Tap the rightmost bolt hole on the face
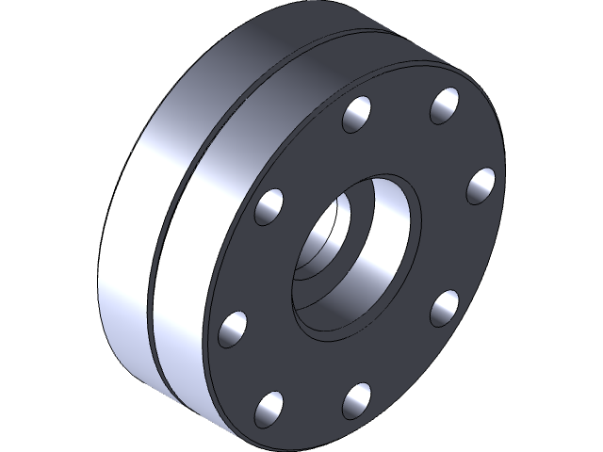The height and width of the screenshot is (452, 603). click(x=481, y=185)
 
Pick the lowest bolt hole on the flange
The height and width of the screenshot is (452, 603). click(x=270, y=408)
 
